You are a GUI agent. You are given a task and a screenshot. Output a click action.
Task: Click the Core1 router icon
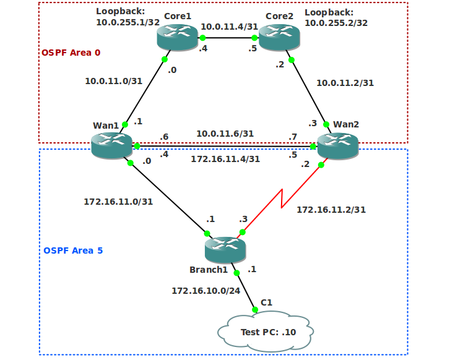pos(177,38)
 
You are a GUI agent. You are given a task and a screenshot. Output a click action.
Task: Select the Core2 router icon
pos(279,38)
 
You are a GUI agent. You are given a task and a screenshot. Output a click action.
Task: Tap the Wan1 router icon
pos(111,145)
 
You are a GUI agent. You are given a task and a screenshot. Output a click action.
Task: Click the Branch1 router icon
pos(225,250)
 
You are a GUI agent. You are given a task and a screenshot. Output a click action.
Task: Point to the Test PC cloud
pos(266,332)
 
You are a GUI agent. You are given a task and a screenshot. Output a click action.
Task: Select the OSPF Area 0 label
pos(71,53)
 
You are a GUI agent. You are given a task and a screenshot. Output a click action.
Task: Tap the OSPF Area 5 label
pos(73,251)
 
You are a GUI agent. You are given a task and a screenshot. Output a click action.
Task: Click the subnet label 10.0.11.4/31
pos(229,27)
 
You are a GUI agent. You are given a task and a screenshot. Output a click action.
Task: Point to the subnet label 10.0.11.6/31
pos(225,133)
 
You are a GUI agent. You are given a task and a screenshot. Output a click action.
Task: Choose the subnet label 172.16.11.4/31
pos(225,158)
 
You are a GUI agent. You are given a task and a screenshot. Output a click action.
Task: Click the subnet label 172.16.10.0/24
pos(204,290)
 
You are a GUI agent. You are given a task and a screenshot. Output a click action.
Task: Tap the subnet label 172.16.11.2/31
pos(331,210)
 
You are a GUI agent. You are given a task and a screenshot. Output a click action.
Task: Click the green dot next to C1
pos(255,309)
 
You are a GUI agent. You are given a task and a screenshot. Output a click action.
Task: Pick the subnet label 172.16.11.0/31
pos(118,201)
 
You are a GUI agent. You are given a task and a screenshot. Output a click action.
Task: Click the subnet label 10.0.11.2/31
pos(345,82)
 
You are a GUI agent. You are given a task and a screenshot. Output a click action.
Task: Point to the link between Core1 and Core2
pos(228,38)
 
